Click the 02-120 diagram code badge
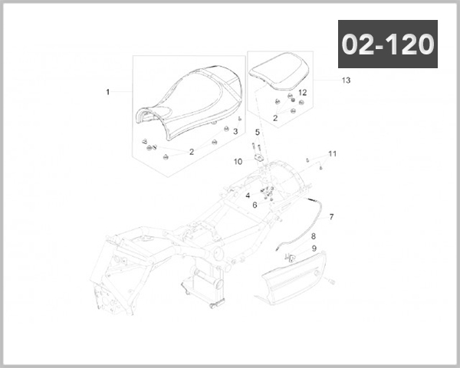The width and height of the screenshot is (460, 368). click(388, 44)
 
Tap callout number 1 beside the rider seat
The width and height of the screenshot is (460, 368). click(107, 92)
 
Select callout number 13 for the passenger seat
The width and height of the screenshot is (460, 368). click(347, 80)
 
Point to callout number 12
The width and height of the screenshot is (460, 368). click(303, 93)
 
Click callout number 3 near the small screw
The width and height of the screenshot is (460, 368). click(235, 132)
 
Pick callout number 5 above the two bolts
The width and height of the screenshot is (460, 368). click(258, 133)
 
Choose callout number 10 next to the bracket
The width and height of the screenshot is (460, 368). click(238, 162)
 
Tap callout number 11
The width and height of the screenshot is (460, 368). click(333, 154)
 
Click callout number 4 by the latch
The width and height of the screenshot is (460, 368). click(248, 195)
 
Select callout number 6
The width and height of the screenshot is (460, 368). click(255, 205)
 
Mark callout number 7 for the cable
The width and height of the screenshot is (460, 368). click(331, 217)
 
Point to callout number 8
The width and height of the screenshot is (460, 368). click(314, 236)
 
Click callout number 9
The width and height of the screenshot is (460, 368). click(314, 248)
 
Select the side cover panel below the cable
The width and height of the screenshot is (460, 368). click(294, 279)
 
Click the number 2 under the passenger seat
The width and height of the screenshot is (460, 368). click(275, 118)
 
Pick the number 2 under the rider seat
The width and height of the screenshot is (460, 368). click(192, 152)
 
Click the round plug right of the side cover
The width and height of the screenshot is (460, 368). click(331, 281)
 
